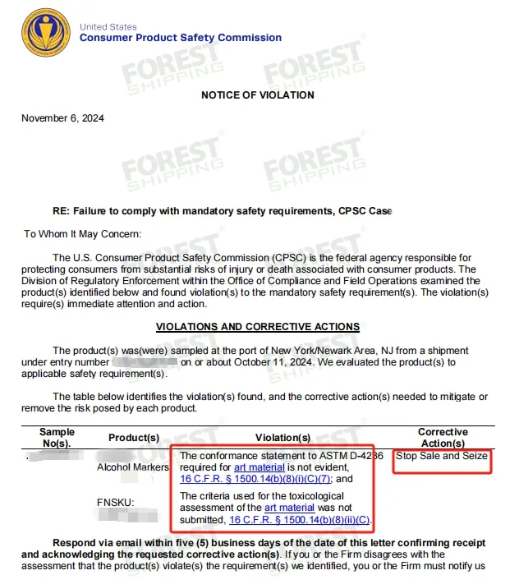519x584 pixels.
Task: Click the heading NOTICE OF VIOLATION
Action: click(257, 95)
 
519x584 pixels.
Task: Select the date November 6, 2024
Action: click(62, 118)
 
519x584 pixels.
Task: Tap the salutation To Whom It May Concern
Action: click(83, 234)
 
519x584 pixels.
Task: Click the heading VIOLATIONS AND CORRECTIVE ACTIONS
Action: click(257, 327)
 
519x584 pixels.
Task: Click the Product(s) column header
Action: click(134, 438)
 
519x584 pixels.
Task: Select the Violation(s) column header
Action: click(282, 438)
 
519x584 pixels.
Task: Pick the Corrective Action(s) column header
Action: click(443, 438)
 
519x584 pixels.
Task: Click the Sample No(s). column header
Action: click(57, 438)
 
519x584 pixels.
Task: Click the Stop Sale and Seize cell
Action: click(442, 456)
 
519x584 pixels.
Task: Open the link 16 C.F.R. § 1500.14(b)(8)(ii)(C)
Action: click(301, 520)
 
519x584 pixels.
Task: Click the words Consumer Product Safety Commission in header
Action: click(181, 38)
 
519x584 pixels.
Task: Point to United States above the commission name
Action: click(108, 27)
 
